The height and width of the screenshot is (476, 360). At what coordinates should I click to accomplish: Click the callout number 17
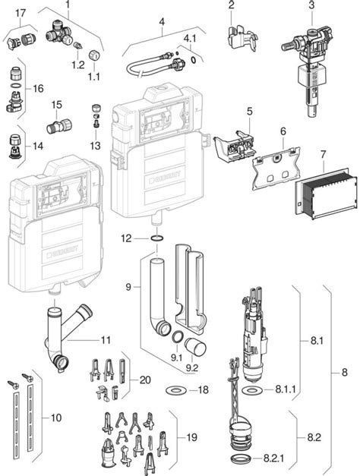pyautogui.click(x=21, y=12)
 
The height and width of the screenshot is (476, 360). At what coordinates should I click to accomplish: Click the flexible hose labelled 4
pyautogui.click(x=152, y=65)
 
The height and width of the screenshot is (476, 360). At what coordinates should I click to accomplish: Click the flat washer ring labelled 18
pyautogui.click(x=176, y=389)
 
